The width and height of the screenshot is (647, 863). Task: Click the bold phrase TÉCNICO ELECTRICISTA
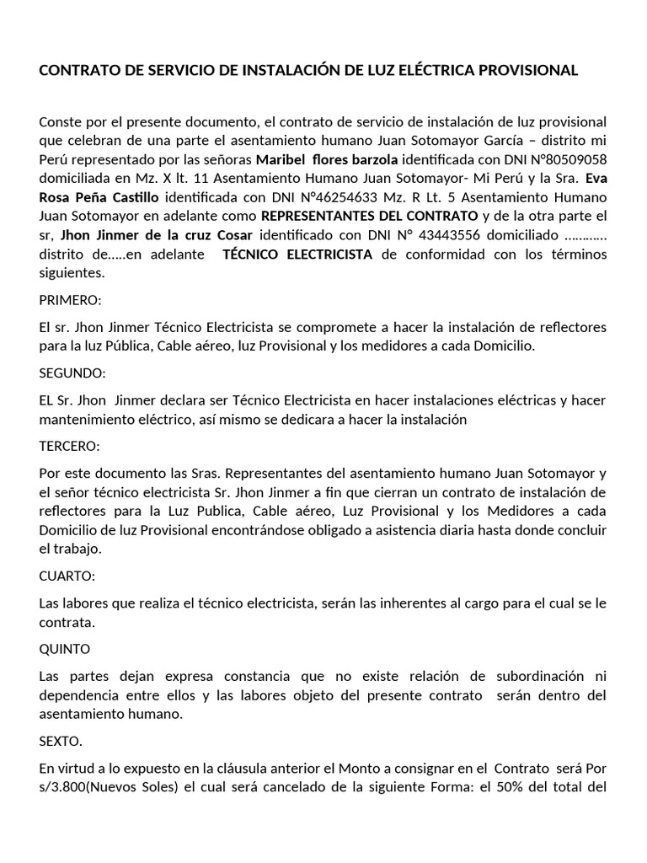[x=297, y=254]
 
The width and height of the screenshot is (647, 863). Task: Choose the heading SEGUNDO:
[x=73, y=373]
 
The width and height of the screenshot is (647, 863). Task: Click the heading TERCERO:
[x=70, y=445]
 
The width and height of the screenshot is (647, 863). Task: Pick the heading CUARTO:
[x=67, y=576]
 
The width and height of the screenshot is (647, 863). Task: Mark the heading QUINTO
[x=66, y=649]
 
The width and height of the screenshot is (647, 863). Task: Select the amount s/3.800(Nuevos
[x=88, y=788]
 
